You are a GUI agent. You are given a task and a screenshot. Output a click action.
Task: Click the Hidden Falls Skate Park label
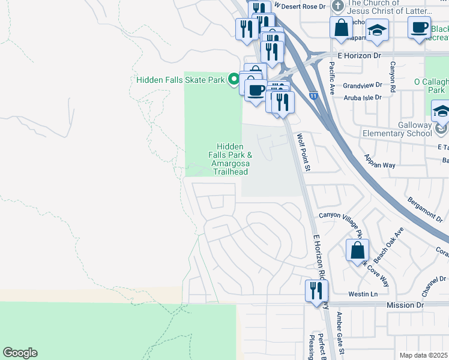tap(180, 80)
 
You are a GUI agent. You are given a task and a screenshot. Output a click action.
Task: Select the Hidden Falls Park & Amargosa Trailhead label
tap(230, 159)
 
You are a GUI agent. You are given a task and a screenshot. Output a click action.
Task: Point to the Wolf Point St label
tap(304, 152)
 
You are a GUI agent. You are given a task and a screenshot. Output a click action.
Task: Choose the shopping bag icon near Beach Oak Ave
tap(357, 251)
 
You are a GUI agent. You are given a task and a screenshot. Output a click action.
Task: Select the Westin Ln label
tap(363, 294)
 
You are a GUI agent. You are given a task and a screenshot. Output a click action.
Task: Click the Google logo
tap(20, 353)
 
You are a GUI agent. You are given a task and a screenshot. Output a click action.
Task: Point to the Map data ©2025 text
tap(424, 355)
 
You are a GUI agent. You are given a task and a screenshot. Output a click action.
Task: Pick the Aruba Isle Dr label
tap(362, 97)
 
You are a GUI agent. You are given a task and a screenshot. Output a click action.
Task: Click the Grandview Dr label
tap(363, 85)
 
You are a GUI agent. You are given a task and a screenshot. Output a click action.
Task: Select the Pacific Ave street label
tap(331, 77)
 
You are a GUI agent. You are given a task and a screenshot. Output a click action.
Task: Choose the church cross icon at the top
tap(339, 6)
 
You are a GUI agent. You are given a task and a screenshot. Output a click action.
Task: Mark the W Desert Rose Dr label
tap(300, 5)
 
